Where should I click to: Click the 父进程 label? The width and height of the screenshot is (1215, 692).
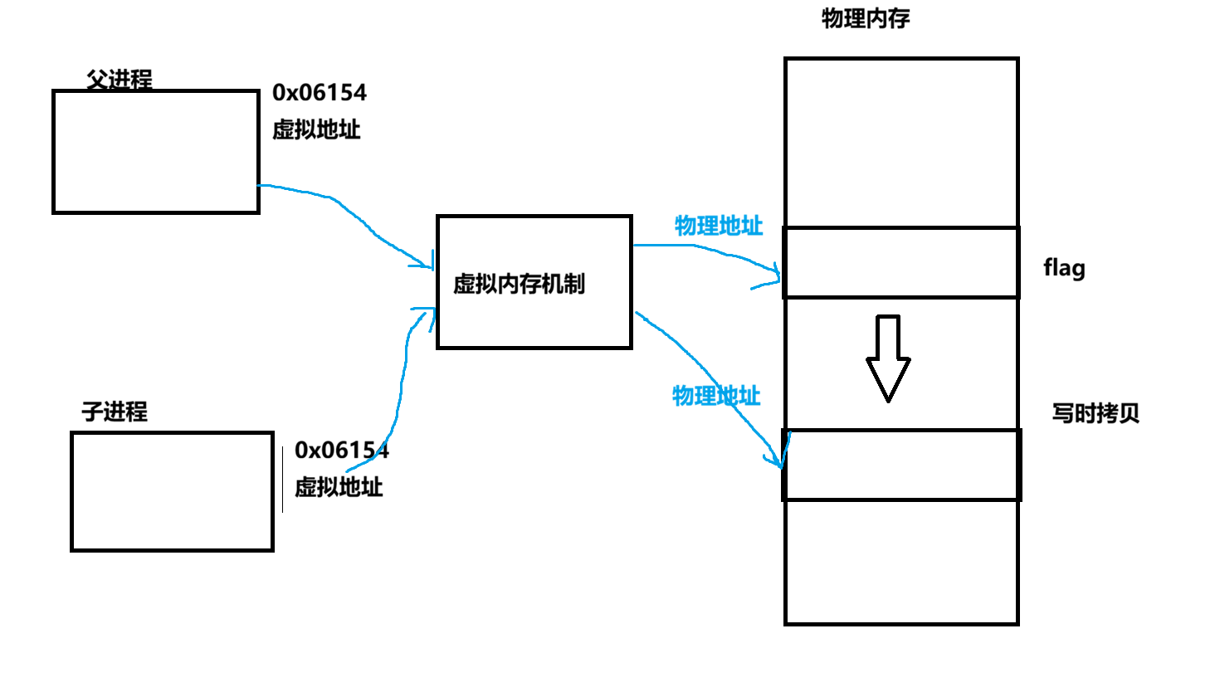click(x=120, y=80)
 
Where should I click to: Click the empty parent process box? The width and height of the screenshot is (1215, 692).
click(x=156, y=152)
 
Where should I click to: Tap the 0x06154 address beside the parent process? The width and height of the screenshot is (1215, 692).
click(x=320, y=92)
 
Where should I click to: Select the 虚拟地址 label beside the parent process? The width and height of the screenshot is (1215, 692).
click(x=316, y=129)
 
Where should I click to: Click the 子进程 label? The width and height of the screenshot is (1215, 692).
click(x=115, y=412)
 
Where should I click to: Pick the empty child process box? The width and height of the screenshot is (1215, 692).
click(x=172, y=491)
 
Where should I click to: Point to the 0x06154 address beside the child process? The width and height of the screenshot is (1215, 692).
click(x=341, y=450)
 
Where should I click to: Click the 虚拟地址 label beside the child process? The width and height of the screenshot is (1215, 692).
click(x=339, y=487)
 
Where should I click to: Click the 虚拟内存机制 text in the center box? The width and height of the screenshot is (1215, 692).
click(x=519, y=284)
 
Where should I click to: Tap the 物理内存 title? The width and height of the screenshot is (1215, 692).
click(x=866, y=19)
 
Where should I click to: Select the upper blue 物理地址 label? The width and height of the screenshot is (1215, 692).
click(x=719, y=226)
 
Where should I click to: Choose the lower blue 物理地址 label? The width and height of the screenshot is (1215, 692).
click(x=716, y=396)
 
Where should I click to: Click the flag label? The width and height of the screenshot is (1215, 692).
click(x=1064, y=268)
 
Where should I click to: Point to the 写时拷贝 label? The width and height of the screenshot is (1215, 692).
click(x=1095, y=413)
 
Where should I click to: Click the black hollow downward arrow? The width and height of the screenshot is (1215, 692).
click(x=888, y=358)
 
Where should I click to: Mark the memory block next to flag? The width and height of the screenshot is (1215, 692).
click(x=901, y=262)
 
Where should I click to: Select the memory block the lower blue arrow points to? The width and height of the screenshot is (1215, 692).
click(x=901, y=465)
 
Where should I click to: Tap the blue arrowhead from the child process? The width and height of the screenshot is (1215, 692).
click(x=426, y=314)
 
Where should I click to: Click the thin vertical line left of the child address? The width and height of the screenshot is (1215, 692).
click(x=282, y=480)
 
